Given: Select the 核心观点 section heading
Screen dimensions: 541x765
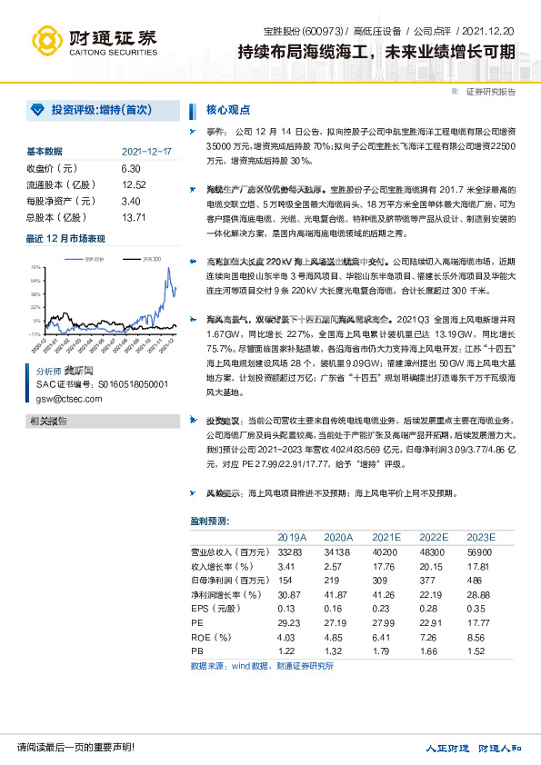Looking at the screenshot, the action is tap(228, 110).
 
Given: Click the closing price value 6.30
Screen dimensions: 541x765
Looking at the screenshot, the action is tap(131, 168).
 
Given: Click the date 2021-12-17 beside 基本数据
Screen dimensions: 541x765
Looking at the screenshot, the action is tap(145, 152).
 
